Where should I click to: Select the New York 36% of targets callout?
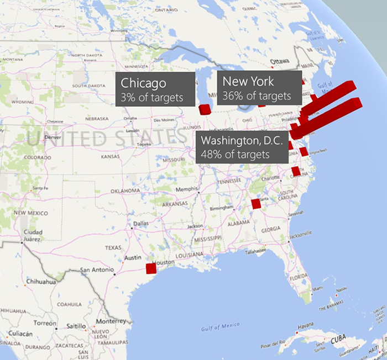[x=259, y=87]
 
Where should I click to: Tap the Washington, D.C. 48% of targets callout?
[x=242, y=146]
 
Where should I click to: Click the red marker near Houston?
[x=151, y=268]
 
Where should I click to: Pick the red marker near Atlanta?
[x=255, y=204]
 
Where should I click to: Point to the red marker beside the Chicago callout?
[x=205, y=109]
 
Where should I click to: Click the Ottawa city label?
[x=280, y=61]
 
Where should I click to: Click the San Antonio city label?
[x=97, y=271]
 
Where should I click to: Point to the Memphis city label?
[x=186, y=189]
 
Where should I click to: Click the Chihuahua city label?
[x=41, y=282]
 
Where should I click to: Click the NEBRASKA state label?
[x=97, y=119]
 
